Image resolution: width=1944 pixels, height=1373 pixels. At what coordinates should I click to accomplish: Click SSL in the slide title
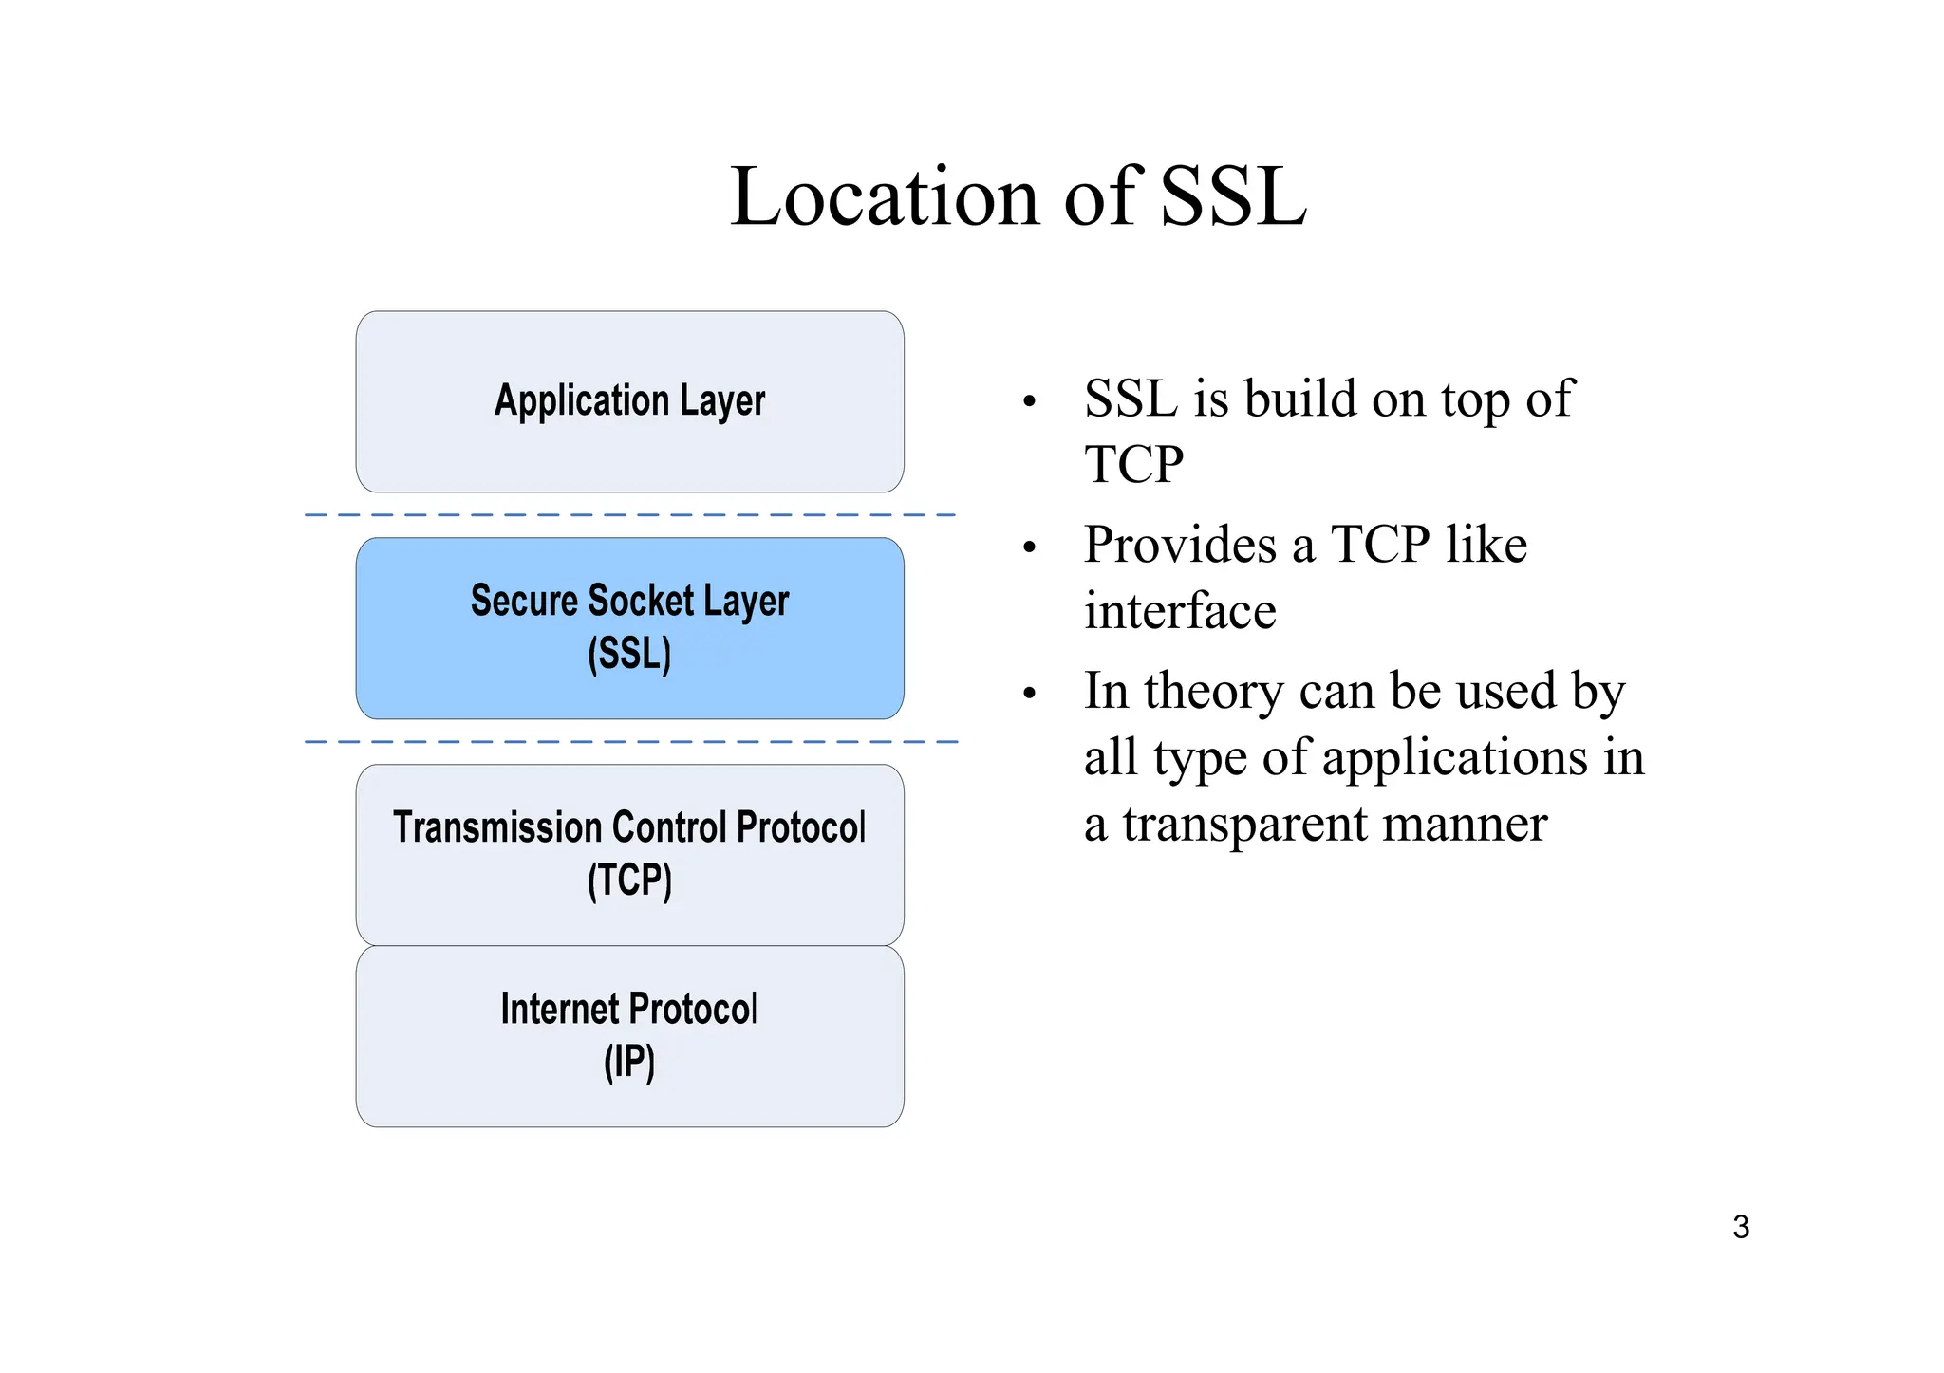pos(1233,197)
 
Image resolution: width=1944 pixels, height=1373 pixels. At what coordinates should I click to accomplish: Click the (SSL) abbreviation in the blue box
pos(629,655)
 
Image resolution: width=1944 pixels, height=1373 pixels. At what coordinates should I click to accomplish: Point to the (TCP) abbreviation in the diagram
pos(629,881)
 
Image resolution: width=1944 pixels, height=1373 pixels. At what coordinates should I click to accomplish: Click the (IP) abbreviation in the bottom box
pos(629,1063)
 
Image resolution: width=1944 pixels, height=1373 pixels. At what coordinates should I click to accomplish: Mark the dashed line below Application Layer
pos(629,515)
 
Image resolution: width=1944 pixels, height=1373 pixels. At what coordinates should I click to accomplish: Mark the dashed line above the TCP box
pos(629,741)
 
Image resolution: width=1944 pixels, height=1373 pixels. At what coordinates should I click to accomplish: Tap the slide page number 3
pos(1740,1227)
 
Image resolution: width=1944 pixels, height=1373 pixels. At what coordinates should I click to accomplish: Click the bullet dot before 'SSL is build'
pos(1030,402)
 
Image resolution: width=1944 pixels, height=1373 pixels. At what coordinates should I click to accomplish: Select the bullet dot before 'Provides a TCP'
pos(1030,548)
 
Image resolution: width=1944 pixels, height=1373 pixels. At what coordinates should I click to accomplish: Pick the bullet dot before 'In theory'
pos(1030,695)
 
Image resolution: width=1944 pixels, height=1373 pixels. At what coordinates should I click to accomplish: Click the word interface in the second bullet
pos(1180,611)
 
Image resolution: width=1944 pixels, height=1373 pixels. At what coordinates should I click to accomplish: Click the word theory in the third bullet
pos(1214,693)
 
